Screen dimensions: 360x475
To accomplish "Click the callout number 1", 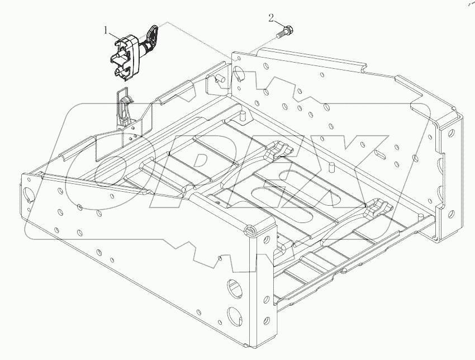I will [x=104, y=31].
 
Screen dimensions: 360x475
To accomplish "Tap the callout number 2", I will [x=271, y=18].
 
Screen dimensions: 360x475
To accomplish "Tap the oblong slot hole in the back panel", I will [x=379, y=153].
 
